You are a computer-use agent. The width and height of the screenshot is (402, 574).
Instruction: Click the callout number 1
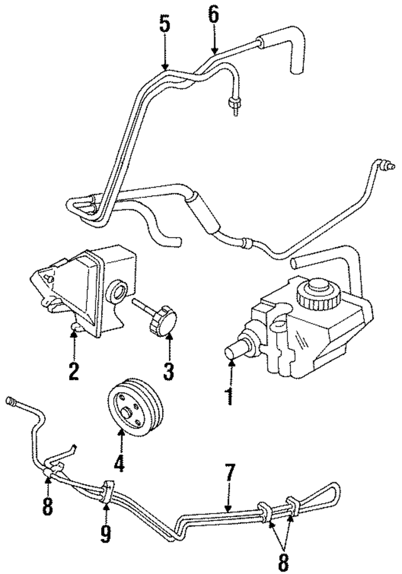229,396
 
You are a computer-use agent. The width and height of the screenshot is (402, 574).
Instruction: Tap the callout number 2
73,371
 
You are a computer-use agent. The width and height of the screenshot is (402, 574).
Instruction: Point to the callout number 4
119,462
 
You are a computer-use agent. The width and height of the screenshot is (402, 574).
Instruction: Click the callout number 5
164,24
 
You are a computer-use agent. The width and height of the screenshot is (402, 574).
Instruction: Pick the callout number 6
214,14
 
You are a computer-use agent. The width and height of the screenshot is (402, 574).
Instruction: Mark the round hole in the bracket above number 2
117,292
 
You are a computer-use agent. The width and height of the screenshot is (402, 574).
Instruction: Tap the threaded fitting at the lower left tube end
13,400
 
